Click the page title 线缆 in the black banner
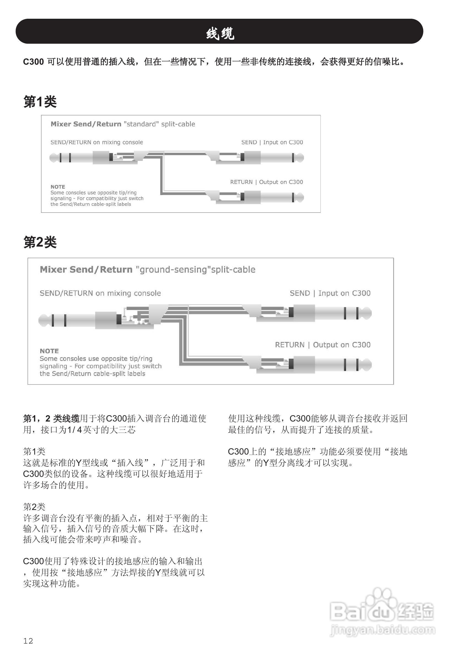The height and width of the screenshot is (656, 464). click(x=220, y=33)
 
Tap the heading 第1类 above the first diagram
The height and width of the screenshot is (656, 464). click(x=40, y=102)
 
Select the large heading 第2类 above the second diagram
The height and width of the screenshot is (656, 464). click(x=40, y=242)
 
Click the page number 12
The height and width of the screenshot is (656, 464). click(x=28, y=641)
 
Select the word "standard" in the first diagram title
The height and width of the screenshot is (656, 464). click(x=141, y=124)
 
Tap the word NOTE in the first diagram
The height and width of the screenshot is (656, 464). click(x=58, y=187)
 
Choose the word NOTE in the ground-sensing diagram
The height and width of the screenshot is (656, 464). click(x=49, y=351)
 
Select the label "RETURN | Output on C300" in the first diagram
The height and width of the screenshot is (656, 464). click(x=266, y=182)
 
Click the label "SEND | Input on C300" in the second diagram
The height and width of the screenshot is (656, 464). click(x=330, y=293)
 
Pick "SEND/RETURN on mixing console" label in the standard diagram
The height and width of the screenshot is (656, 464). click(x=96, y=142)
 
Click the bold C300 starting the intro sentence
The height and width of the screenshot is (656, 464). click(x=33, y=62)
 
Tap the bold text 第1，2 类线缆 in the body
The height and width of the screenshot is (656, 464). click(x=52, y=419)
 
